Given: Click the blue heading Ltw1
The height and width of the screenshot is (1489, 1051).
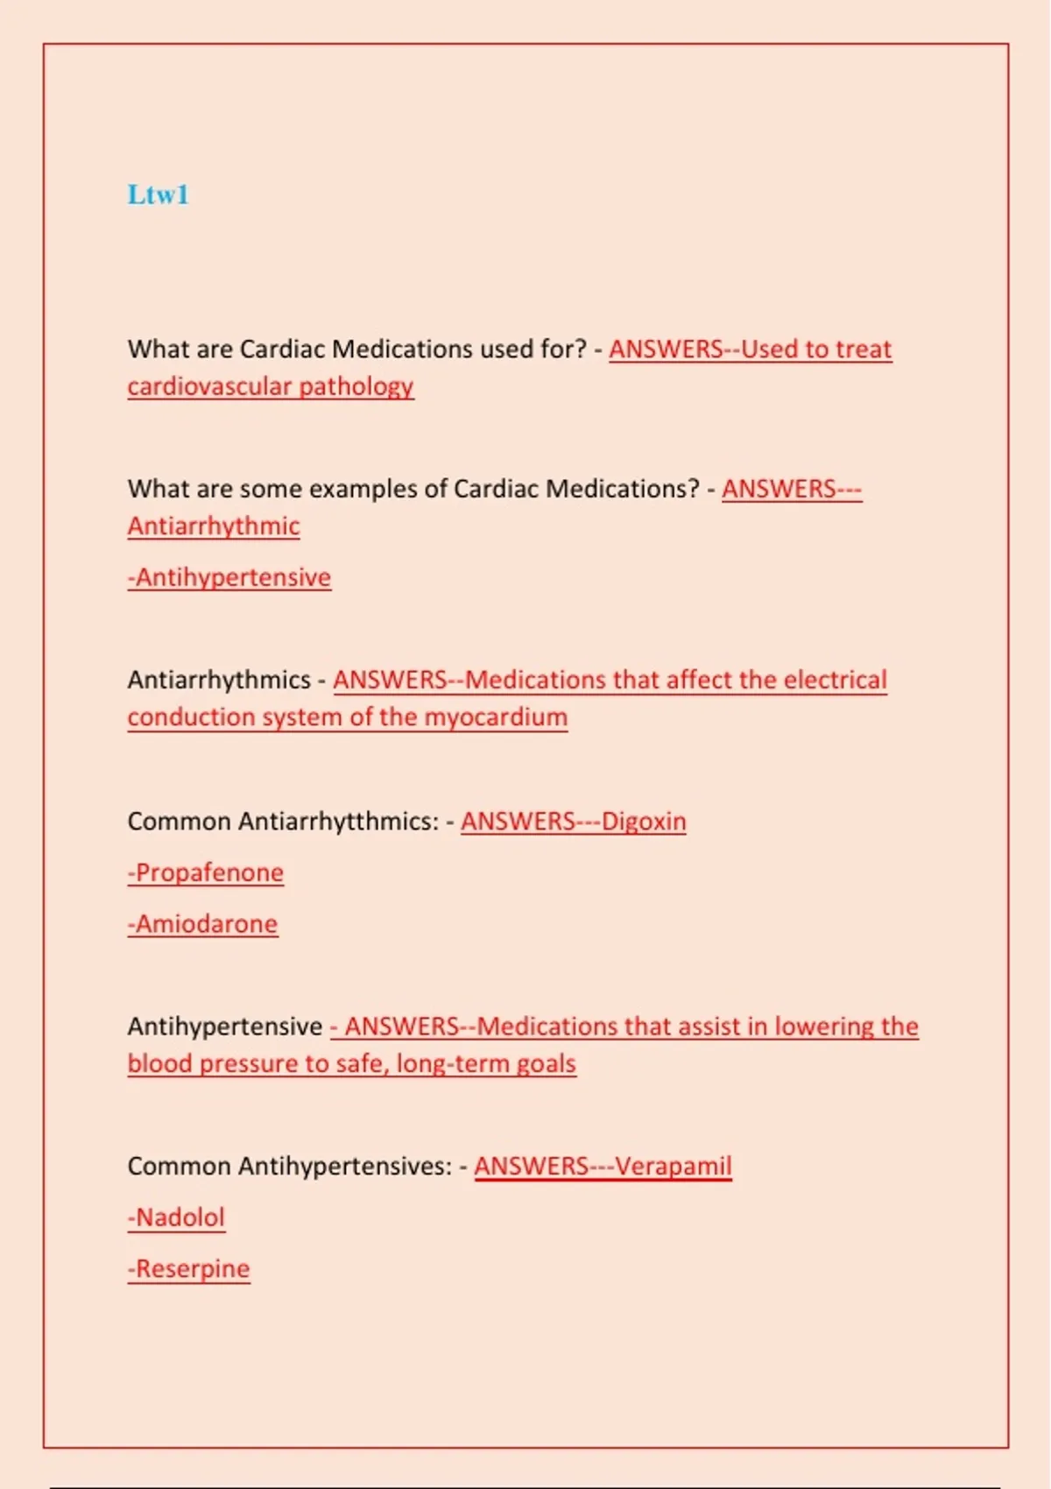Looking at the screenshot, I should (x=158, y=194).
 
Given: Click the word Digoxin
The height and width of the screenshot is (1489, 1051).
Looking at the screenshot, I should (x=644, y=822).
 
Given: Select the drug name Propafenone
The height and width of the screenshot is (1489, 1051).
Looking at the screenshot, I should (x=209, y=872).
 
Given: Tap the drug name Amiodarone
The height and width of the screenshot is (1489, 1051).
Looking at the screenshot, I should (x=206, y=924).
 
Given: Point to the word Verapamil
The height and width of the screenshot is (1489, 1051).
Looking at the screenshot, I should (x=673, y=1167).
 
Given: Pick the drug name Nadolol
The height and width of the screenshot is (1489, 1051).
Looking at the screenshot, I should (x=180, y=1217).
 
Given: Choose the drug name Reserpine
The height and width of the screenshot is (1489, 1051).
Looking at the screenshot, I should (x=193, y=1269).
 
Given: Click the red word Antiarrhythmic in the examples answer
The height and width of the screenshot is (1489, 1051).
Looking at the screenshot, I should (x=214, y=526).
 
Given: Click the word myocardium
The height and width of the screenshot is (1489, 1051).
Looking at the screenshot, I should (x=496, y=717).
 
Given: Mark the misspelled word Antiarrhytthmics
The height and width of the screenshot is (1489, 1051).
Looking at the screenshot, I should (x=338, y=822).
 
